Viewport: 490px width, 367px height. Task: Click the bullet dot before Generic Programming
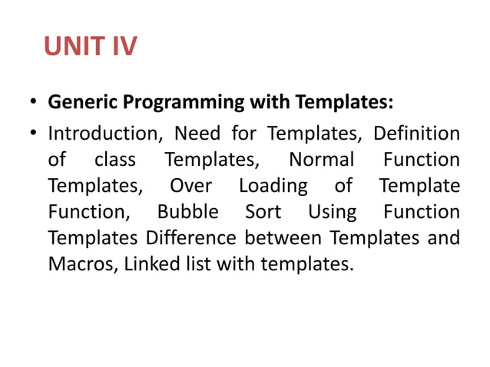33,103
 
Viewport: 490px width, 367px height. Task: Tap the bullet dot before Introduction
33,134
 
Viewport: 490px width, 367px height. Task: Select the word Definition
417,134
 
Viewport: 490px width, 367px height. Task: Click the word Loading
273,187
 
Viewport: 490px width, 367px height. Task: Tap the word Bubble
188,212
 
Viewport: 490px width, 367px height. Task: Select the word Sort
263,212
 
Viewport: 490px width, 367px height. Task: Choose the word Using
332,213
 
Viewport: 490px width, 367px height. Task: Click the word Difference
184,238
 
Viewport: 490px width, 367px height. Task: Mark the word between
270,238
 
